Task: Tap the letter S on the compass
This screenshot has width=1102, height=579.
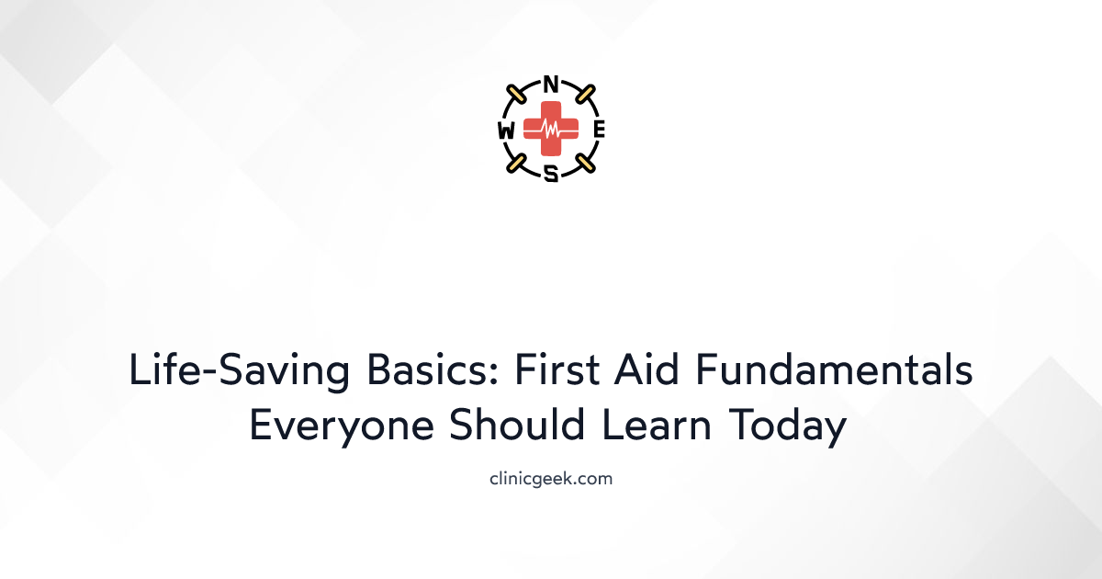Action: coord(551,172)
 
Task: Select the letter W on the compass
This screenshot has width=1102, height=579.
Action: coord(506,131)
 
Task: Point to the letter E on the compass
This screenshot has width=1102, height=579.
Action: coord(599,130)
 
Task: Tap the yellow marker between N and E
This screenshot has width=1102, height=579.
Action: coord(584,95)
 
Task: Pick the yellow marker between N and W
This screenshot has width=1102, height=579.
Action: coord(518,95)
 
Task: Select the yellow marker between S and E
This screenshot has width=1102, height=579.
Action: coord(584,164)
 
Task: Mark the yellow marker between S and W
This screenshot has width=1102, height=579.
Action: coord(518,164)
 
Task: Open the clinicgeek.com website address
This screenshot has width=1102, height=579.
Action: coord(551,478)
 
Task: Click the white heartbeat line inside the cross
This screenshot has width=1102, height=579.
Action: coord(551,131)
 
